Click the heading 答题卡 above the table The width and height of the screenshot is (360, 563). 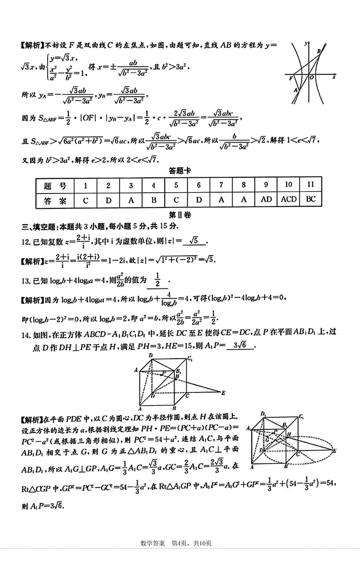pos(180,171)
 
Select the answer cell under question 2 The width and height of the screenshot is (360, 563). pos(108,200)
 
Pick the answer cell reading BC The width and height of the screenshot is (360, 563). pos(310,200)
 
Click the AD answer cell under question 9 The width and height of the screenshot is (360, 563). pos(266,200)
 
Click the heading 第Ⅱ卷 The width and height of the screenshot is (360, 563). pos(180,215)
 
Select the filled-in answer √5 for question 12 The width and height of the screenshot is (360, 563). pos(194,241)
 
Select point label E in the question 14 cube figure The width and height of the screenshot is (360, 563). pos(223,392)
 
